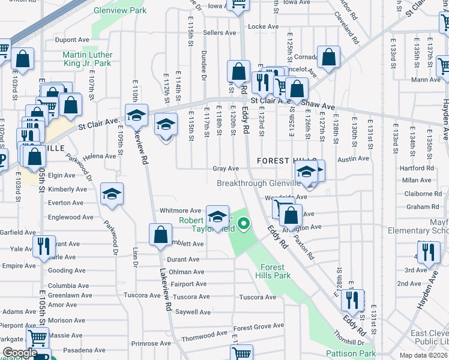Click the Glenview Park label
[x=121, y=10]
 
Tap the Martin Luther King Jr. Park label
[x=87, y=59]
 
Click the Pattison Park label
[x=351, y=353]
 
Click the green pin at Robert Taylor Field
[x=244, y=225]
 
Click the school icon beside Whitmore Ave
[x=217, y=215]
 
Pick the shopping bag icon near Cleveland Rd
[x=329, y=58]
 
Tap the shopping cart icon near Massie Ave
[x=37, y=338]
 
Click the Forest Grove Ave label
[x=258, y=327]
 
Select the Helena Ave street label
[x=100, y=156]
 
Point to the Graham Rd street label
[x=418, y=207]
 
